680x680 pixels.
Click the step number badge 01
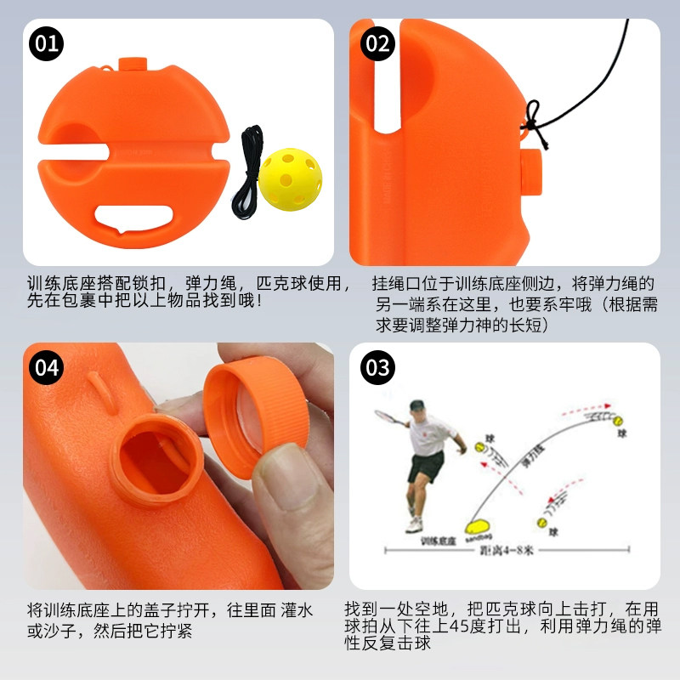coord(48,44)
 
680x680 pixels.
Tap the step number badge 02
coord(377,44)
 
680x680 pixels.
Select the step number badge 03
coord(377,367)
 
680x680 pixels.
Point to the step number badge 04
coord(48,367)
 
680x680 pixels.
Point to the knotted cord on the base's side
coord(531,119)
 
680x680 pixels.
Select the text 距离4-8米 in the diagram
coord(501,550)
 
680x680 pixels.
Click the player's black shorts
coord(425,465)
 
